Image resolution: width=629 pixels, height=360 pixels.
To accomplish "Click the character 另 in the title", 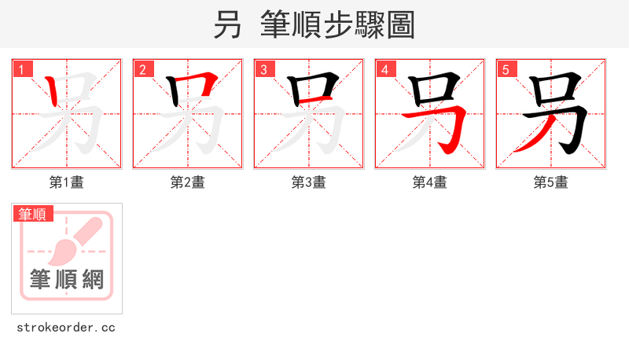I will pyautogui.click(x=227, y=24).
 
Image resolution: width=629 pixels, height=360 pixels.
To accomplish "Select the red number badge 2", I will pyautogui.click(x=143, y=69).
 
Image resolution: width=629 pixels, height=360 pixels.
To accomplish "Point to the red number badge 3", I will pyautogui.click(x=264, y=69).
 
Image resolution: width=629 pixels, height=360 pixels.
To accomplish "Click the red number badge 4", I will pyautogui.click(x=385, y=69).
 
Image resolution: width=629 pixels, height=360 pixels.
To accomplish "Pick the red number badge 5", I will pyautogui.click(x=506, y=69).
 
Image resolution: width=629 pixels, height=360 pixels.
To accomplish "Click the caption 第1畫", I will pyautogui.click(x=67, y=182).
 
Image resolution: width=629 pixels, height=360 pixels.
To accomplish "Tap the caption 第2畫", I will pyautogui.click(x=188, y=182).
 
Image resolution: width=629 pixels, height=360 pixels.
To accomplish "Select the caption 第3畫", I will pyautogui.click(x=309, y=182).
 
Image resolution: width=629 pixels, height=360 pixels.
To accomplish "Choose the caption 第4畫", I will pyautogui.click(x=430, y=182).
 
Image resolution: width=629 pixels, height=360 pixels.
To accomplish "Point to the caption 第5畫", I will pyautogui.click(x=551, y=182).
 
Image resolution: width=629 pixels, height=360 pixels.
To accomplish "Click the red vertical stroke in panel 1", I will pyautogui.click(x=52, y=93).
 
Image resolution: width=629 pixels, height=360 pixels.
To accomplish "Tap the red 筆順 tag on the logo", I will pyautogui.click(x=32, y=214).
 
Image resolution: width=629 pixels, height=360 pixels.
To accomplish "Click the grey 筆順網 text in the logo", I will pyautogui.click(x=67, y=279).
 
